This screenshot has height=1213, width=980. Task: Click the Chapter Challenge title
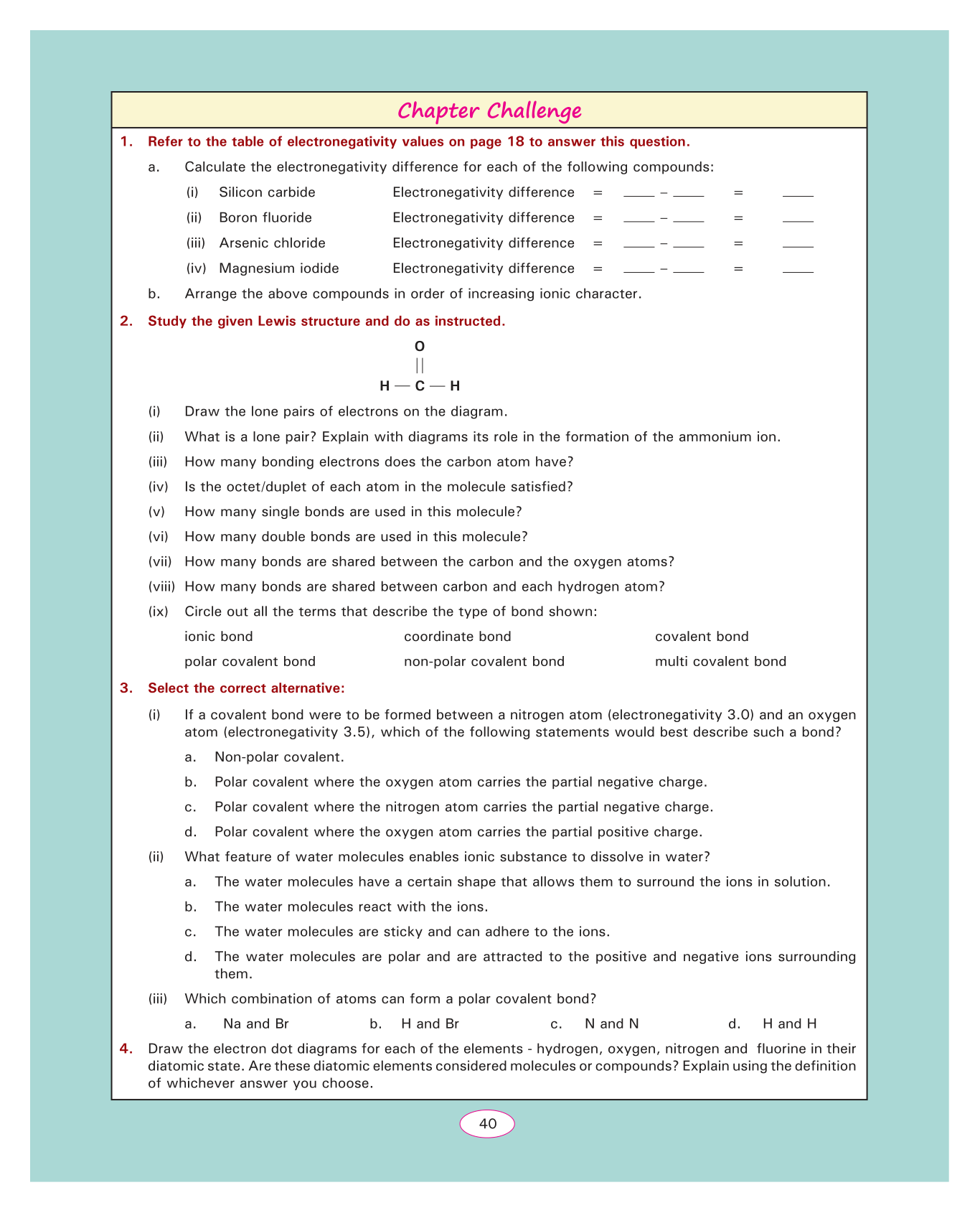[489, 111]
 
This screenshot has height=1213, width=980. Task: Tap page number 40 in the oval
[488, 1123]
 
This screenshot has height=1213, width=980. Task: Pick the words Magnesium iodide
[279, 268]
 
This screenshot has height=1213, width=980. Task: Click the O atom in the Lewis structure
[420, 347]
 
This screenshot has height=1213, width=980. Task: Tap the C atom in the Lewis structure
[420, 386]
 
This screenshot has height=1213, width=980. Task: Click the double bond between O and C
[420, 366]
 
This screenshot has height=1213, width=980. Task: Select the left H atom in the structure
[385, 386]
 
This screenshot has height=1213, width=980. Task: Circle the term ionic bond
[219, 637]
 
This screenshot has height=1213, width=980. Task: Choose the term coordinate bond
[458, 637]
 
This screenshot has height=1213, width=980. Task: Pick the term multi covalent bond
[720, 661]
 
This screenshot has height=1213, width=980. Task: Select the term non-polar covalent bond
[484, 661]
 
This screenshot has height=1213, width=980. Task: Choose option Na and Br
[256, 1024]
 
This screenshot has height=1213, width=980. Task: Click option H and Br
[430, 1024]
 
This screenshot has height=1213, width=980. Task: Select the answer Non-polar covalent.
[279, 757]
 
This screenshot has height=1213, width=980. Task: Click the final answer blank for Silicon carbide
[798, 194]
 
